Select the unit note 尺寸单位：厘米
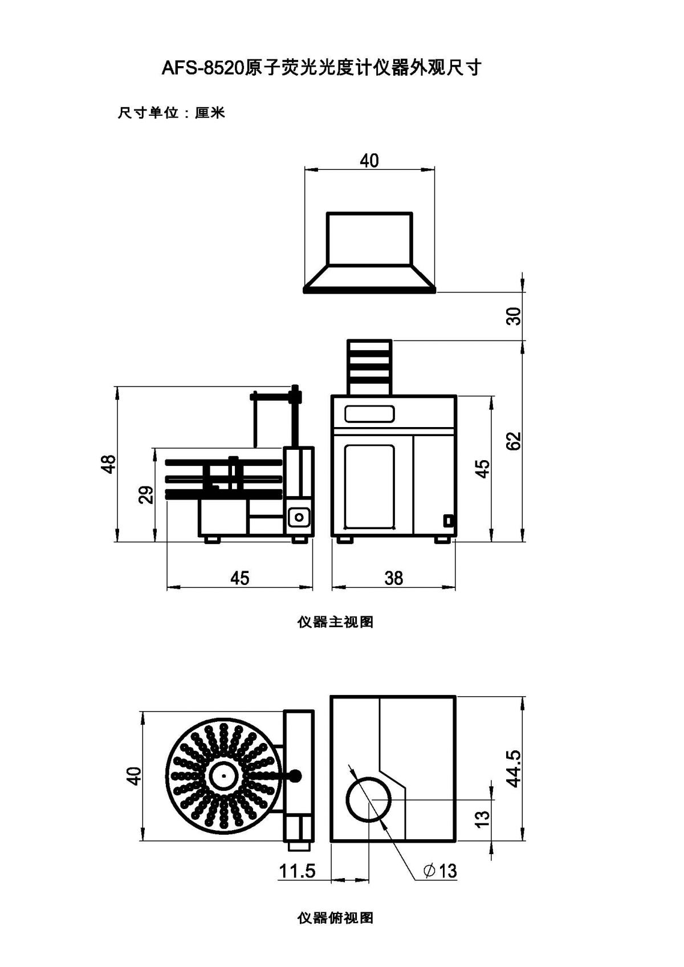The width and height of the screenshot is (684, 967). pyautogui.click(x=172, y=113)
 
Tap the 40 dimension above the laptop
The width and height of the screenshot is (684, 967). pyautogui.click(x=369, y=161)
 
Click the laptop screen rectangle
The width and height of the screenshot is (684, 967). pyautogui.click(x=369, y=238)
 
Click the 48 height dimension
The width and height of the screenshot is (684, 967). pyautogui.click(x=109, y=464)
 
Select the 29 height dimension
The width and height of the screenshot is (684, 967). pyautogui.click(x=146, y=495)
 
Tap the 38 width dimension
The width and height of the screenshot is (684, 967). pyautogui.click(x=393, y=578)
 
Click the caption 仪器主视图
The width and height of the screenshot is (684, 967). pyautogui.click(x=335, y=622)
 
